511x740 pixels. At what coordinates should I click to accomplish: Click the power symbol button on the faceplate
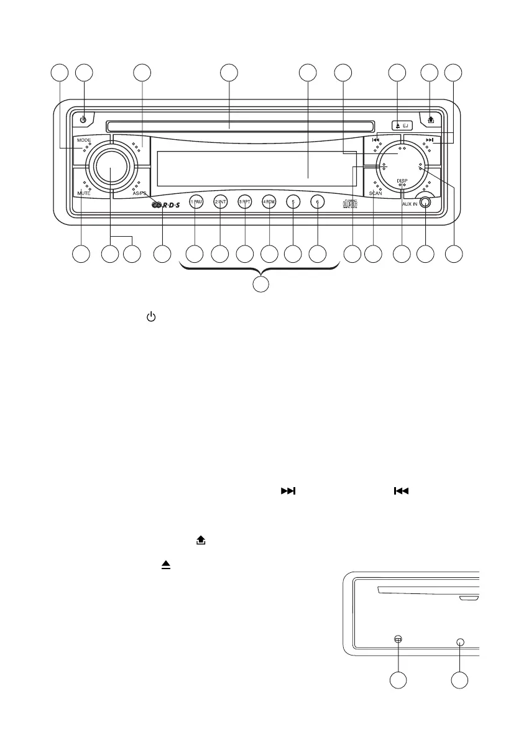click(x=83, y=118)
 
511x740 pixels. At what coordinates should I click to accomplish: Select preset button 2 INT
click(x=220, y=202)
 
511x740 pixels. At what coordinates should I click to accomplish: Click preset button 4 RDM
click(x=269, y=202)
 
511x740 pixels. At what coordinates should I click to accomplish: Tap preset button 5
click(x=293, y=202)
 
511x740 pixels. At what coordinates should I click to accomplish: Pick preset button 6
click(x=317, y=202)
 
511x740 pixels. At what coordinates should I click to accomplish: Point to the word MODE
click(x=84, y=140)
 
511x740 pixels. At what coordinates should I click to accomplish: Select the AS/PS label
click(x=140, y=194)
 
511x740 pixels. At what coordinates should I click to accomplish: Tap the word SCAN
click(x=375, y=194)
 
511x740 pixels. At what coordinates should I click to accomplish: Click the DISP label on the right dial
click(x=402, y=180)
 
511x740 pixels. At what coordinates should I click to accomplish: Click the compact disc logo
click(x=350, y=204)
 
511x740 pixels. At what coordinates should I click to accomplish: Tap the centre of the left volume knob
click(x=112, y=167)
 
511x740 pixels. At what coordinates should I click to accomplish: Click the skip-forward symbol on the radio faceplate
click(x=429, y=140)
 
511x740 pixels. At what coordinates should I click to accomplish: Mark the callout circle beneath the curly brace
click(x=261, y=285)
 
